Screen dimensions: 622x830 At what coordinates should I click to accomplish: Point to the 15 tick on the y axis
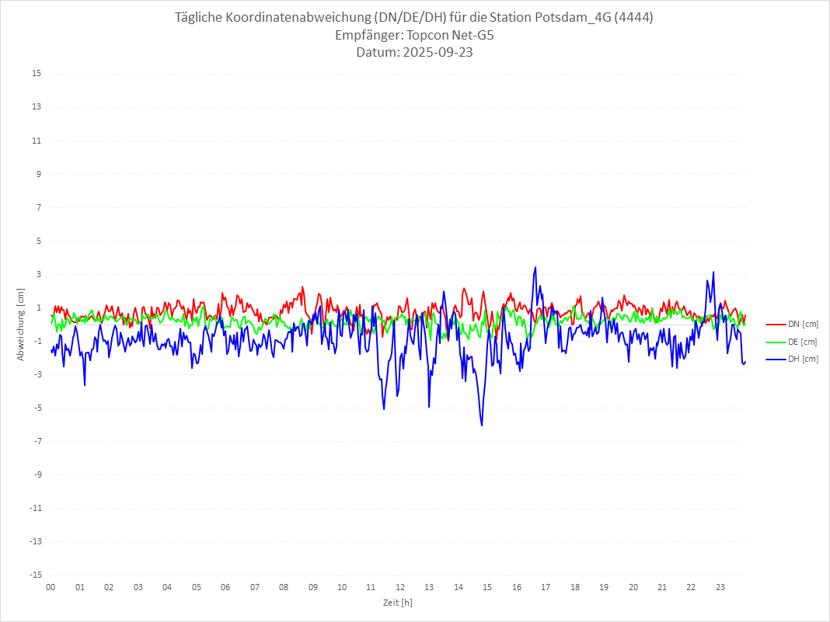tap(37, 74)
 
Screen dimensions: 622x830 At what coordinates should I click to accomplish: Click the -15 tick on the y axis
tap(35, 575)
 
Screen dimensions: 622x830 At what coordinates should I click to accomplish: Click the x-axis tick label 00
tap(51, 588)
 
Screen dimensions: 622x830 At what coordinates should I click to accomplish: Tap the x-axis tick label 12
tap(400, 588)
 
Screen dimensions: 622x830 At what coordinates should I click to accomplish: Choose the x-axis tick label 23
tap(720, 588)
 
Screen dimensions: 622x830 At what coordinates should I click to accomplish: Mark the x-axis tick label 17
tap(546, 588)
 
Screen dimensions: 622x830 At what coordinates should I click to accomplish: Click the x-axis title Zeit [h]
tap(398, 603)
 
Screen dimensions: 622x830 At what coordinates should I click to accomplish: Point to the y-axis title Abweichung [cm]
tap(21, 324)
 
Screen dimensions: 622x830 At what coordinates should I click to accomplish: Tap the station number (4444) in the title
tap(633, 18)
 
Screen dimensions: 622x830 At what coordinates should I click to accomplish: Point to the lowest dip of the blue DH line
tap(482, 426)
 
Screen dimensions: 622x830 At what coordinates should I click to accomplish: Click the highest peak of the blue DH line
tap(535, 267)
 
